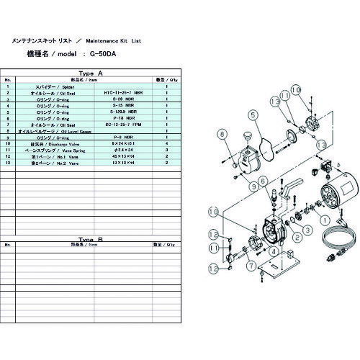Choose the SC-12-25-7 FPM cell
[x=124, y=125]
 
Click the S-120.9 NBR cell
[x=124, y=112]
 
